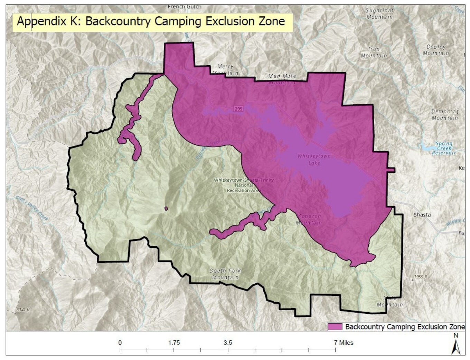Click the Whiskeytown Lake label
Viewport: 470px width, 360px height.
[314, 160]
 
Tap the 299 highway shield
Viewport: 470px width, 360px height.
[238, 108]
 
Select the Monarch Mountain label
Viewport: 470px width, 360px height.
[309, 219]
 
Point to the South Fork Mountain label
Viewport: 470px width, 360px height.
[225, 274]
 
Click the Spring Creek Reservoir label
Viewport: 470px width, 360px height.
[444, 148]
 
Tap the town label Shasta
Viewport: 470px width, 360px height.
[422, 215]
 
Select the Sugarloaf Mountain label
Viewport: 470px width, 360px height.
[379, 13]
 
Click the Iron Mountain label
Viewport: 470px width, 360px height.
[374, 52]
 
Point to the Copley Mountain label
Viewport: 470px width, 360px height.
[436, 50]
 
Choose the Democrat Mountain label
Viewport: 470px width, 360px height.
[445, 115]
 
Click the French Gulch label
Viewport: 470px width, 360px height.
[184, 7]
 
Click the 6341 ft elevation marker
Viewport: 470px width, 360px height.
[23, 310]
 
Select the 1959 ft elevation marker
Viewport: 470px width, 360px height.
[420, 277]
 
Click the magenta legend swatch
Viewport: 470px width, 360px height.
[335, 326]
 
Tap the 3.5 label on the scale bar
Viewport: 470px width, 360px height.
[228, 343]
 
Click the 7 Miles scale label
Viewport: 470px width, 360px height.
[344, 343]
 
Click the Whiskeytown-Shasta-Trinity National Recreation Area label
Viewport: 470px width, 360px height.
[244, 185]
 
